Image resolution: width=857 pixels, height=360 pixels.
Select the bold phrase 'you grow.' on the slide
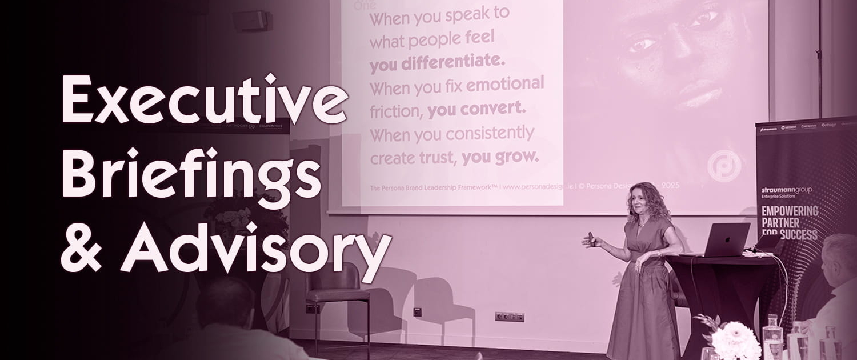pos(500,157)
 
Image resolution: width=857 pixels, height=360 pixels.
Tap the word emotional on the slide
pos(505,85)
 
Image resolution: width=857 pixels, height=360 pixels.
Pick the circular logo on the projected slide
pos(724,166)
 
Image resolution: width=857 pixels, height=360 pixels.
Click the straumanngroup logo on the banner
pos(786,190)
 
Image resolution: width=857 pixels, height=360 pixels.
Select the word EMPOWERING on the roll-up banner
pos(790,211)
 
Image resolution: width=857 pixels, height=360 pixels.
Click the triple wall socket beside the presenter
pos(509,316)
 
